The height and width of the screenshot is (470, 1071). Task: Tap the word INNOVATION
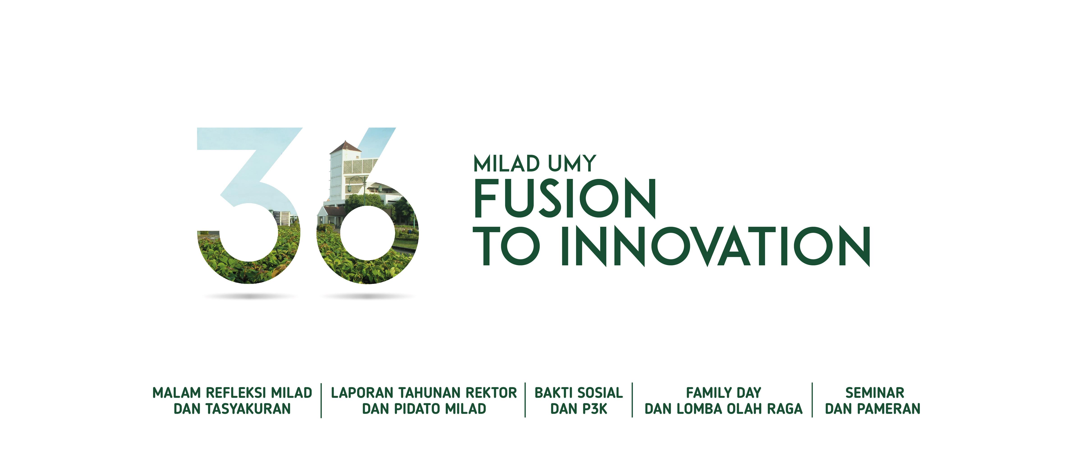715,246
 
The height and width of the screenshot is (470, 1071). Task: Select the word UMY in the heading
572,164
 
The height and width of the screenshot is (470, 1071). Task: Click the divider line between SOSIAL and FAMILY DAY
632,400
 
